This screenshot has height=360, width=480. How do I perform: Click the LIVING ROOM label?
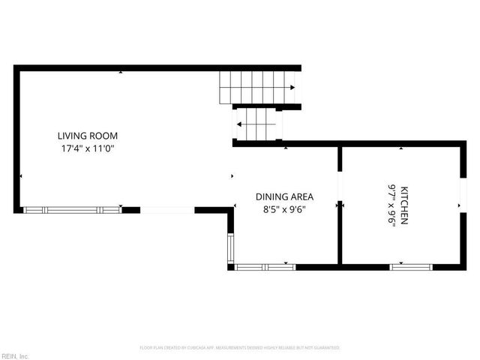(x=88, y=136)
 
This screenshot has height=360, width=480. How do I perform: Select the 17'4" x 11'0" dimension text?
(x=88, y=148)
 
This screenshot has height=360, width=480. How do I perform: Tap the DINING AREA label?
(x=284, y=196)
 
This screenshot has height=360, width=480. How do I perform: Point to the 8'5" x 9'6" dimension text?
(x=284, y=209)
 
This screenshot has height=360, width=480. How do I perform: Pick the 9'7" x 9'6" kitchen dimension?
(x=391, y=205)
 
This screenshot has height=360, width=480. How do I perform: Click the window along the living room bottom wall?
(x=73, y=210)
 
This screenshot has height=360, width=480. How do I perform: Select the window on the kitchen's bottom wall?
(x=411, y=265)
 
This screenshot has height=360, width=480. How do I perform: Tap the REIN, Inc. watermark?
(x=15, y=355)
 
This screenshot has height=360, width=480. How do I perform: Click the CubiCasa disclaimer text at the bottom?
(x=240, y=348)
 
